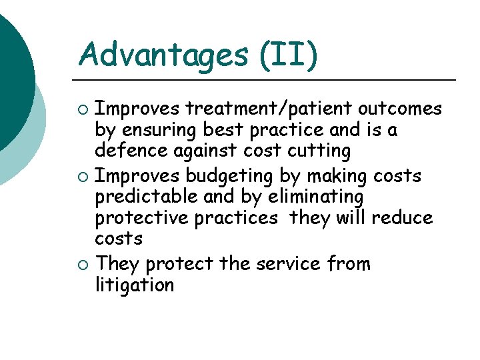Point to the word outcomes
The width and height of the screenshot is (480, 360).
[x=400, y=108]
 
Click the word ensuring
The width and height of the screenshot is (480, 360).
[x=161, y=130]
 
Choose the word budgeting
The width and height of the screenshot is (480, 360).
[x=229, y=176]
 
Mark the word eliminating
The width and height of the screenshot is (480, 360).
[x=311, y=197]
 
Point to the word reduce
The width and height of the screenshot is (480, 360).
[x=403, y=218]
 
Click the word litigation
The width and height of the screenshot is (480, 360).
[x=134, y=285]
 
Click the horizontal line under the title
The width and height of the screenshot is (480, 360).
[x=267, y=80]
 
